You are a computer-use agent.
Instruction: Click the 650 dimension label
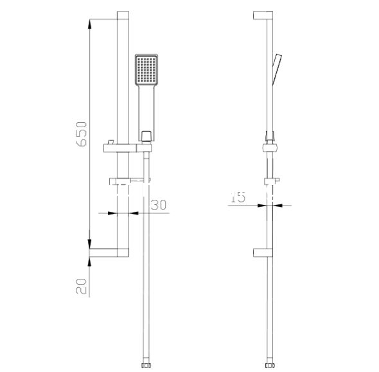(x=81, y=134)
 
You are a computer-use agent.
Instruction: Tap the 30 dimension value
(x=159, y=205)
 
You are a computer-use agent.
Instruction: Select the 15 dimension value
(x=238, y=197)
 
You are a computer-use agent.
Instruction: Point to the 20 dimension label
(x=81, y=286)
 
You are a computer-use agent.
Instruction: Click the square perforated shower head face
(x=146, y=69)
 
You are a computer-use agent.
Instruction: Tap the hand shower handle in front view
(x=146, y=113)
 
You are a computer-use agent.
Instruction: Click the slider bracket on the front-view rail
(x=128, y=148)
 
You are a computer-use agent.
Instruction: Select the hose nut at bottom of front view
(x=146, y=365)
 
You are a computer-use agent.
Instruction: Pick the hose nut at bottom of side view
(x=270, y=365)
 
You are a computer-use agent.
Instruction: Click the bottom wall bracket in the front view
(x=109, y=252)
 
